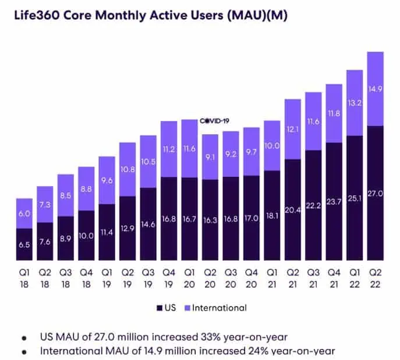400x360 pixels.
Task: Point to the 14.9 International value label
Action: coord(375,89)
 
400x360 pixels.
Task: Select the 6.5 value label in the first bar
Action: coord(24,245)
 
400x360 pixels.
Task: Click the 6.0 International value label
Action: coord(24,214)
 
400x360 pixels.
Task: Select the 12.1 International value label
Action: coord(292,129)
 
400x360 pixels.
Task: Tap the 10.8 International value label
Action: coord(128,170)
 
